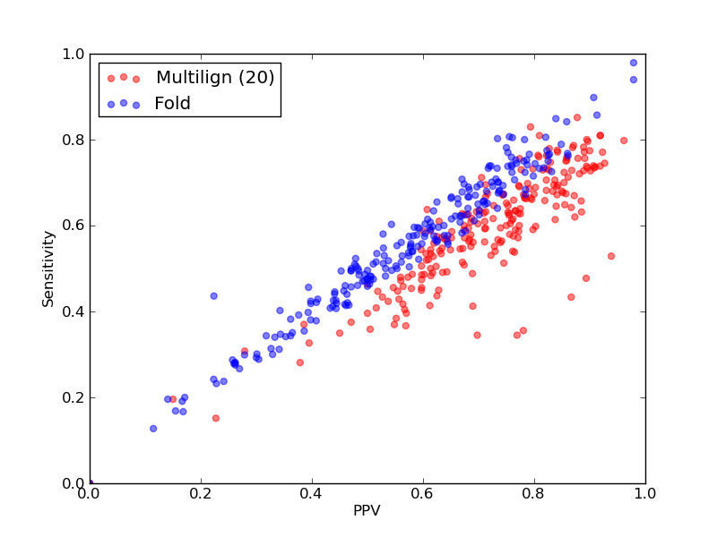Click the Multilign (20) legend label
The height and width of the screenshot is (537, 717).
pyautogui.click(x=215, y=78)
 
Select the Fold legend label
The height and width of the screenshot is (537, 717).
pyautogui.click(x=172, y=104)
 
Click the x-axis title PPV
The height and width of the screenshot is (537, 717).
pyautogui.click(x=367, y=510)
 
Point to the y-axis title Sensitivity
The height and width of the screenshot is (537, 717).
pyautogui.click(x=48, y=268)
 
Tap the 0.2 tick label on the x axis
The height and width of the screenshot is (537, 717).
pyautogui.click(x=201, y=494)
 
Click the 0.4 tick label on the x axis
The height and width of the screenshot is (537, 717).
pyautogui.click(x=312, y=494)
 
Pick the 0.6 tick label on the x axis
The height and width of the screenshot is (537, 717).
pyautogui.click(x=423, y=494)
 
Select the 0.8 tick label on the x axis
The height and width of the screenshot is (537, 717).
pyautogui.click(x=534, y=494)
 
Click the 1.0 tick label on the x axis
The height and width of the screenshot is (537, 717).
pyautogui.click(x=645, y=494)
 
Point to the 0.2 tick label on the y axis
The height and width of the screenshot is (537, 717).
pyautogui.click(x=73, y=397)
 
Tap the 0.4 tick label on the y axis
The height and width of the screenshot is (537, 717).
pyautogui.click(x=73, y=311)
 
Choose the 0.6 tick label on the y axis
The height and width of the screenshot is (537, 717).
pyautogui.click(x=73, y=226)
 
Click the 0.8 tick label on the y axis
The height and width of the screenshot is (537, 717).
pyautogui.click(x=73, y=140)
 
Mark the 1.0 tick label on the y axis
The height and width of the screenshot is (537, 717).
pyautogui.click(x=73, y=54)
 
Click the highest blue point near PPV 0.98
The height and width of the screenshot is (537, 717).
pyautogui.click(x=634, y=63)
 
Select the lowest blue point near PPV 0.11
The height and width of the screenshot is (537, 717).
pyautogui.click(x=153, y=429)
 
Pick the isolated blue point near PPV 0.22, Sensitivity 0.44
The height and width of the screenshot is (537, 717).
pyautogui.click(x=213, y=296)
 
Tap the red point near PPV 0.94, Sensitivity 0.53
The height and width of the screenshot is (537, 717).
pyautogui.click(x=611, y=256)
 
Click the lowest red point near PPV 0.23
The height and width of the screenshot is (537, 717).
pyautogui.click(x=216, y=418)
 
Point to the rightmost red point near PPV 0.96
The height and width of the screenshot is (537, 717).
pyautogui.click(x=624, y=141)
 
